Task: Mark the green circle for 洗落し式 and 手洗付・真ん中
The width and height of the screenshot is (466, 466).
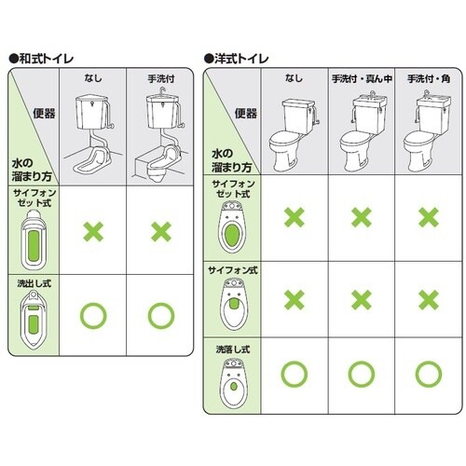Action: point(360,375)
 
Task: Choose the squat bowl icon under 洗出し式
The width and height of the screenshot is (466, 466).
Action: point(34,317)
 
